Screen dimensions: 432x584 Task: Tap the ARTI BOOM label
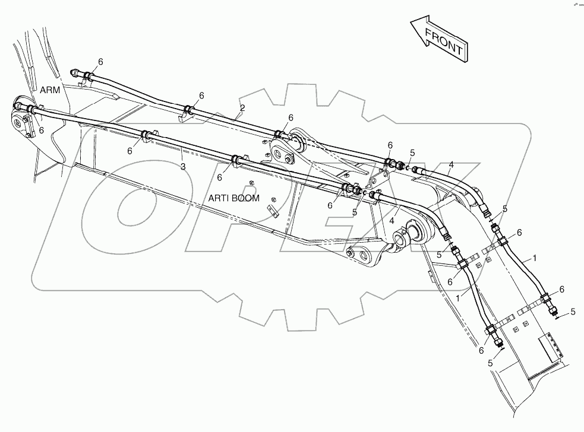click(233, 198)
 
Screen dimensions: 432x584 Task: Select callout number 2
click(242, 107)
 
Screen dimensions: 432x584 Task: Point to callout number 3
click(183, 167)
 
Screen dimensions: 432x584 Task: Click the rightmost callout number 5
click(573, 311)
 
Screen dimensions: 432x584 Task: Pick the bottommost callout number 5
click(490, 362)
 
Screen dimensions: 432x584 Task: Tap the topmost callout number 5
click(412, 153)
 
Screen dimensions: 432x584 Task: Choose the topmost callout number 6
click(100, 61)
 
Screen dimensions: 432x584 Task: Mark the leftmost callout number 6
click(41, 130)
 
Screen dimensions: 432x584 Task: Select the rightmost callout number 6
click(561, 289)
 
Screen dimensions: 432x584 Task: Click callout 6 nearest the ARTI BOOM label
click(220, 177)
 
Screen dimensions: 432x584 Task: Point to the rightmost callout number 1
click(535, 258)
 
